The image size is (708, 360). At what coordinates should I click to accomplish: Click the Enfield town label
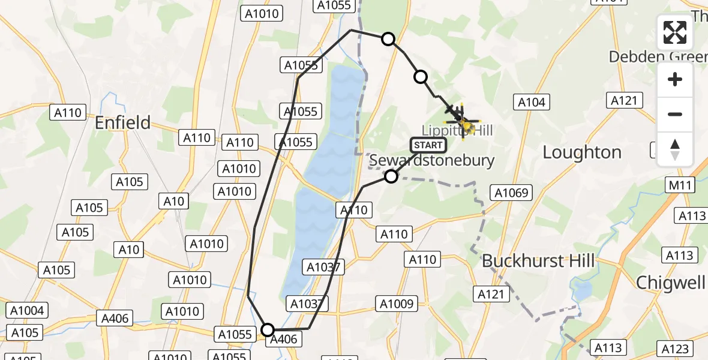(123, 122)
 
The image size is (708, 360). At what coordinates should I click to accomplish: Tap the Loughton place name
(581, 152)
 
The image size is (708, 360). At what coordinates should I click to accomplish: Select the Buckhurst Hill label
(538, 261)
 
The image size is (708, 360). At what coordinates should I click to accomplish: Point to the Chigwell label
(671, 283)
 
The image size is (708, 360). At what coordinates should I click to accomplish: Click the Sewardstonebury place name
(431, 160)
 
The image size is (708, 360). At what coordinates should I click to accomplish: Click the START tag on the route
(428, 145)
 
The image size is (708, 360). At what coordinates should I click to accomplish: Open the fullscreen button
(675, 32)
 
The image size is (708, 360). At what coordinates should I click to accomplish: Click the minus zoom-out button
(675, 114)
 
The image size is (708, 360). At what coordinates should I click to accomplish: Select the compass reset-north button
(675, 149)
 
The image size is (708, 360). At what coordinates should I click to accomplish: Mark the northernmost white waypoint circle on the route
(388, 39)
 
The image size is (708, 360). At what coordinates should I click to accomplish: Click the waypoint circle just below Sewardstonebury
(391, 176)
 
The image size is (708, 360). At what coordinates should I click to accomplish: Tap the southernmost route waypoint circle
(268, 329)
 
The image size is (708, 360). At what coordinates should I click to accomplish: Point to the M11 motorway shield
(680, 185)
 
